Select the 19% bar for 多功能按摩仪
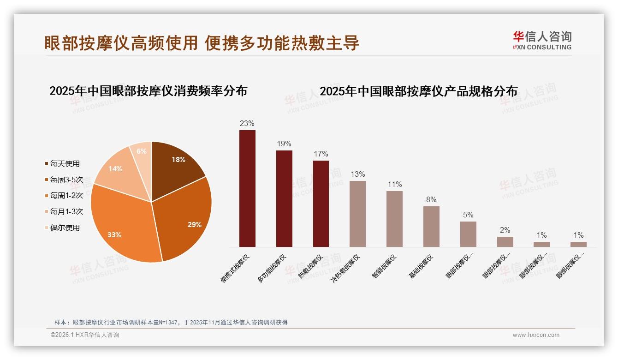pos(284,198)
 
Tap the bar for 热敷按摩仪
pos(321,204)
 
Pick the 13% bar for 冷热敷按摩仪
pos(357,214)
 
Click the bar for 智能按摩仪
pos(394,219)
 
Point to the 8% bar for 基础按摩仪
pos(431,226)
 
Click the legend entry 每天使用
pos(65,164)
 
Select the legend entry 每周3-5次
pos(66,180)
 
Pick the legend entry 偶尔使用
pos(65,228)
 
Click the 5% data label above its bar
pos(468,215)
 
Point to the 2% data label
pos(505,230)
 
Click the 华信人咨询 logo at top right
pos(542,40)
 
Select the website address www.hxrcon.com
pos(536,335)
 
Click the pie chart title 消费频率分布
pos(148,90)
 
